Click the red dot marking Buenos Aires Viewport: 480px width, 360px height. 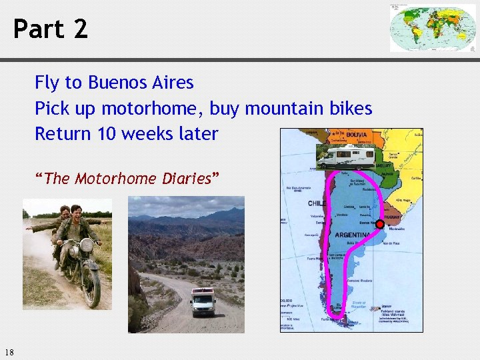pyautogui.click(x=380, y=224)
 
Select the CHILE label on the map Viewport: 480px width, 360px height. pyautogui.click(x=317, y=203)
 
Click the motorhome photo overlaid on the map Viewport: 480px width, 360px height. pyautogui.click(x=345, y=157)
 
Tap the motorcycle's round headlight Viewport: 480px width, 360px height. pyautogui.click(x=86, y=245)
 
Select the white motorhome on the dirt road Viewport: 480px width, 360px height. pyautogui.click(x=203, y=302)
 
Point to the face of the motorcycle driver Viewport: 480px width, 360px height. pyautogui.click(x=77, y=213)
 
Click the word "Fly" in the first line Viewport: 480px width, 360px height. pyautogui.click(x=47, y=83)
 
